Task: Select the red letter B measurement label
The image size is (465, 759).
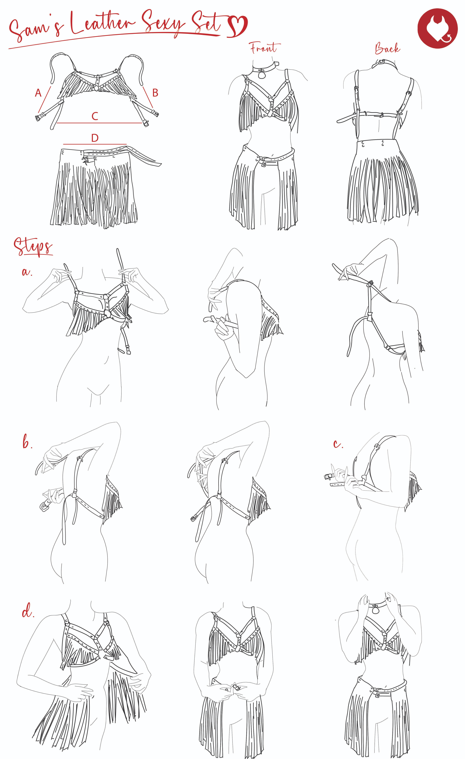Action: [155, 93]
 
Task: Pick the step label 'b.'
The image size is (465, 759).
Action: [27, 443]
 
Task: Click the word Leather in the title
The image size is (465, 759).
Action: [103, 24]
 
